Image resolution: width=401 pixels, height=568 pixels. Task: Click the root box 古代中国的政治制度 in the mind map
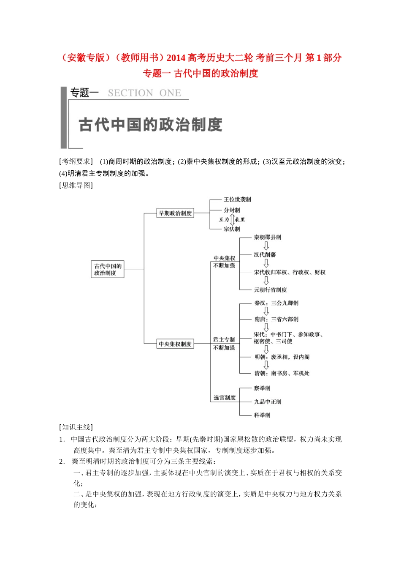click(108, 269)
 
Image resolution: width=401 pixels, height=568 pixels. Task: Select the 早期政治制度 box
click(175, 213)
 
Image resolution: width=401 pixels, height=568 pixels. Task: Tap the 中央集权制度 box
click(175, 344)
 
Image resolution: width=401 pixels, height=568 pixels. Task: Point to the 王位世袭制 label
click(237, 199)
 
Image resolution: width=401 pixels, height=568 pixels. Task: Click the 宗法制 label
click(232, 229)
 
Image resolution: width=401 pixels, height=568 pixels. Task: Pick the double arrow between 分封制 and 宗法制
click(232, 220)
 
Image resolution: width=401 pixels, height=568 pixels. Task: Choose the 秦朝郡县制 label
click(267, 238)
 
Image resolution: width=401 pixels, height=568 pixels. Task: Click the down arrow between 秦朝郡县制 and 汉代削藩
click(266, 246)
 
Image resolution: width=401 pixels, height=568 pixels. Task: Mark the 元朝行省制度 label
click(270, 290)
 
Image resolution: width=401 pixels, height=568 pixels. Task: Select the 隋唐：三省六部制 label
click(276, 319)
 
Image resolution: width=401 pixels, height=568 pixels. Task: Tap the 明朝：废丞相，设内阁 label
click(282, 357)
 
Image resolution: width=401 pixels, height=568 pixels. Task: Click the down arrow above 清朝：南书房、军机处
click(266, 365)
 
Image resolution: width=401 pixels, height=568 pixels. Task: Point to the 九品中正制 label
click(267, 402)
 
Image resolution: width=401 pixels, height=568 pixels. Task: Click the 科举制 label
click(262, 415)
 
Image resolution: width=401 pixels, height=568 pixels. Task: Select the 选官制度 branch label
click(225, 398)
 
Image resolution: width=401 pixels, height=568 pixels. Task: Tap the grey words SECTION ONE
click(144, 93)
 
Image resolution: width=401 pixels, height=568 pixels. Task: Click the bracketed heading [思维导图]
click(76, 185)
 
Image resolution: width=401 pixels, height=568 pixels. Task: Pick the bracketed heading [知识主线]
click(76, 427)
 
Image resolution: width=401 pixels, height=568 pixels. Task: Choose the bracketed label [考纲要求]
click(76, 161)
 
